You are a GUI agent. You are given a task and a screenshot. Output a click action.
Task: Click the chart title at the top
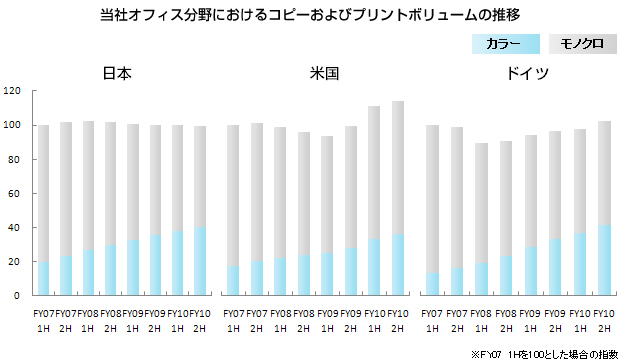click(x=310, y=15)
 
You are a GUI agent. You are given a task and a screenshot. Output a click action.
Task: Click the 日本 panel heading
click(x=117, y=74)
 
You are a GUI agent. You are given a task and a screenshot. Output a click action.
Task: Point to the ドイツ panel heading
click(x=519, y=74)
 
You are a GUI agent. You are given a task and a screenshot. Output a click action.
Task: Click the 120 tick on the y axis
click(x=12, y=91)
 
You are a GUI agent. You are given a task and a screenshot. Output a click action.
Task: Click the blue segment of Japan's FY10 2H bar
click(x=200, y=261)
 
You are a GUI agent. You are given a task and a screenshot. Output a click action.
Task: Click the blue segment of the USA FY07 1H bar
click(x=233, y=280)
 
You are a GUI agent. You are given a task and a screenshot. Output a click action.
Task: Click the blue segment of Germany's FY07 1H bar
click(x=432, y=284)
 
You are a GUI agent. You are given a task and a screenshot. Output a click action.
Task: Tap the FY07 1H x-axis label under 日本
click(x=43, y=320)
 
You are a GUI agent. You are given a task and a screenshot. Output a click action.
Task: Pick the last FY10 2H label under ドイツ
click(x=603, y=320)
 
